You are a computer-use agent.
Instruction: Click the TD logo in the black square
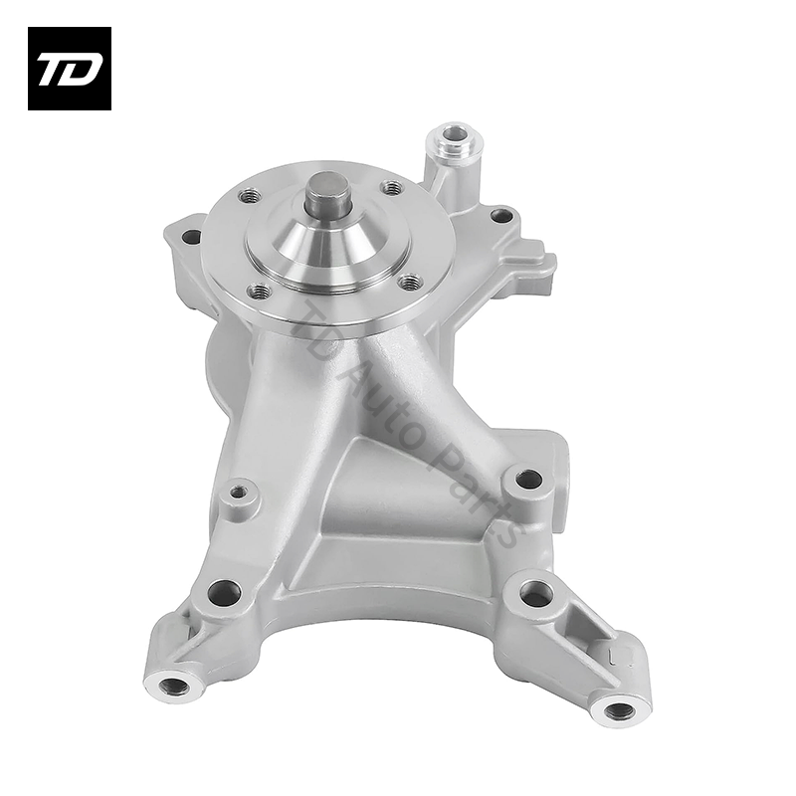coord(69,69)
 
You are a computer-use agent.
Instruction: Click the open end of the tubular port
coord(455,134)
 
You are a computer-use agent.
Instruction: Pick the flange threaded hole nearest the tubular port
coord(392,187)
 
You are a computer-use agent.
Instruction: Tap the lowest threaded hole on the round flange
coord(261,292)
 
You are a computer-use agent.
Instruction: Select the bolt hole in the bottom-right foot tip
coord(619,709)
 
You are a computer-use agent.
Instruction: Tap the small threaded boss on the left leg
coord(237,492)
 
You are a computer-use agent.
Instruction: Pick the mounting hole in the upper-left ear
coord(190,237)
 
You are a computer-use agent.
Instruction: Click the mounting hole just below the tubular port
coord(502,215)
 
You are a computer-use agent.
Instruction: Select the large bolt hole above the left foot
coord(224,593)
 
